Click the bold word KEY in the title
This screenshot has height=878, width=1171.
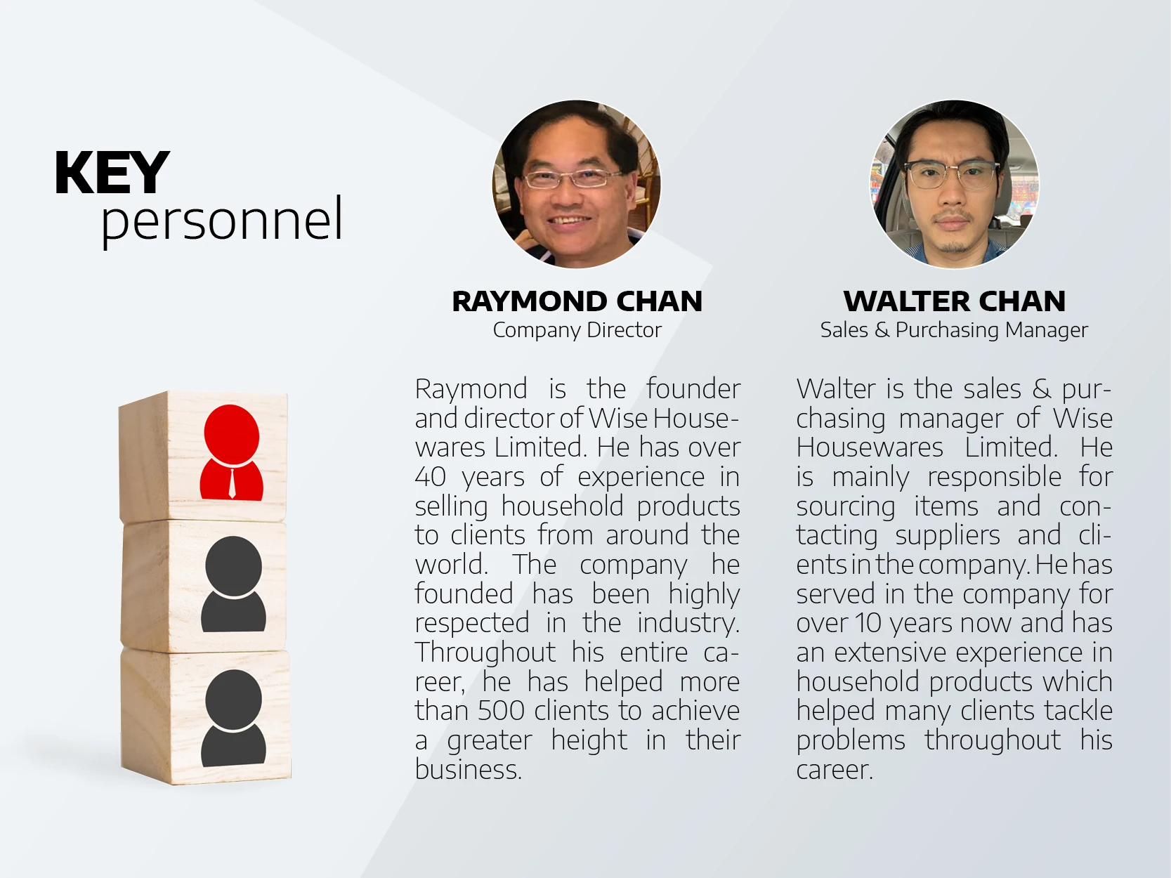112,173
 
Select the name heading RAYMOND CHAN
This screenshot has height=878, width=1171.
577,301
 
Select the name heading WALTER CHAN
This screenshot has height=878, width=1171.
955,301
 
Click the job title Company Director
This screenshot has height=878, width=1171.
577,330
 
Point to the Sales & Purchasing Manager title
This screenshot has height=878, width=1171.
954,330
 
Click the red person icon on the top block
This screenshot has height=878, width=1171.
232,452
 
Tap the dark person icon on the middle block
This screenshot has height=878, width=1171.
233,584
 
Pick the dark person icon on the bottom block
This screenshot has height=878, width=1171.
233,717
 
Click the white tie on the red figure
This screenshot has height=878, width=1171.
232,482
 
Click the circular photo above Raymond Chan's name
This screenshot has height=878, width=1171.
576,184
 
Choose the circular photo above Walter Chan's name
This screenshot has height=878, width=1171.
954,184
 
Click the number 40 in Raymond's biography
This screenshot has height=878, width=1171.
431,477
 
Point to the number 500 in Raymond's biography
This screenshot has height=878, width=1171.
500,711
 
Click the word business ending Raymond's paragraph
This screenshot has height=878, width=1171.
468,770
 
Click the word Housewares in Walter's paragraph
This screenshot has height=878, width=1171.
870,447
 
